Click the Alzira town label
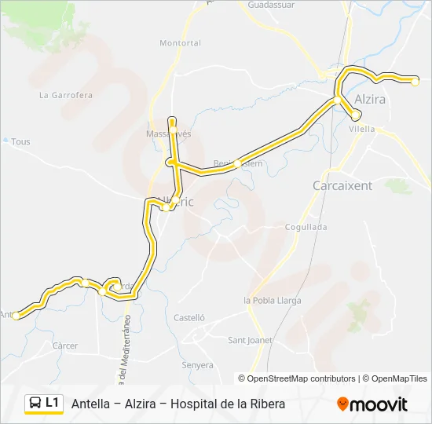tap(370, 100)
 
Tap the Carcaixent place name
tap(342, 186)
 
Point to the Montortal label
tap(180, 43)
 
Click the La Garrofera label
tap(66, 95)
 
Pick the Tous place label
tap(21, 142)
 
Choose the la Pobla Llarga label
tap(272, 300)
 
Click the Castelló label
tap(189, 318)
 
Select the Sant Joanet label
tap(250, 340)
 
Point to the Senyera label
tap(197, 365)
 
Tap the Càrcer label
tap(65, 345)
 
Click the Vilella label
tap(362, 129)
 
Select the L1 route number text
tap(53, 403)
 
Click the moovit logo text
tap(379, 404)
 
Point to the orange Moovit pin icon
tap(343, 404)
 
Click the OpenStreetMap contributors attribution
tap(302, 378)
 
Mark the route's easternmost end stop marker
tap(415, 79)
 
